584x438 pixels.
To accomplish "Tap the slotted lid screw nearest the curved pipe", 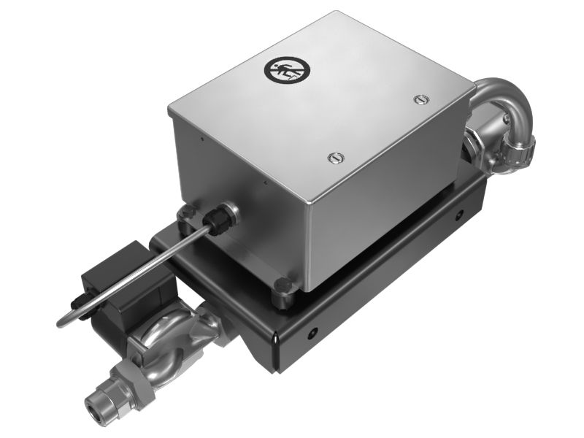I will click(418, 99).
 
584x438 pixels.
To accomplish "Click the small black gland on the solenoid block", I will click(77, 301).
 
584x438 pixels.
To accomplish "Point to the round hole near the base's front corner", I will click(312, 333).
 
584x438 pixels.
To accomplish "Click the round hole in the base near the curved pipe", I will click(460, 215).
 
